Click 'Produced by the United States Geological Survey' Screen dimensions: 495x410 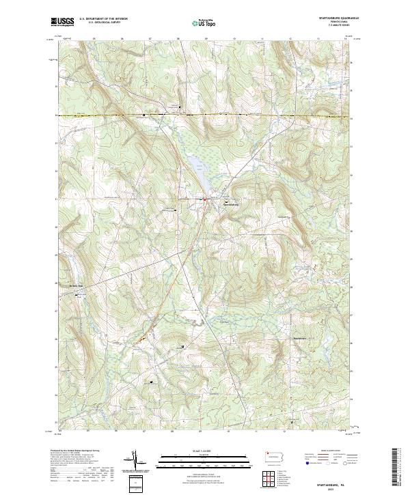tap(77, 451)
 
